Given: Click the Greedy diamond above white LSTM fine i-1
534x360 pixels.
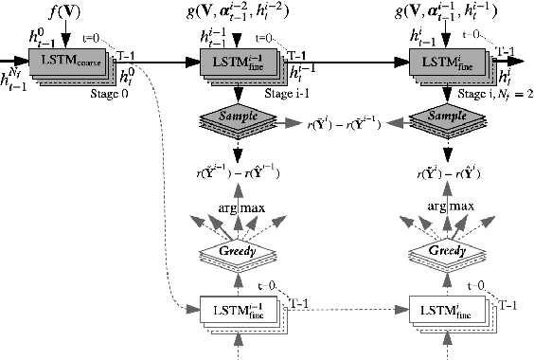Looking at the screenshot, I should coord(237,252).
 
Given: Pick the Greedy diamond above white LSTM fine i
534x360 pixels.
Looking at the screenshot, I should coord(445,252).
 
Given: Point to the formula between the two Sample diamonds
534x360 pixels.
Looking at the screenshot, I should coord(342,123).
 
